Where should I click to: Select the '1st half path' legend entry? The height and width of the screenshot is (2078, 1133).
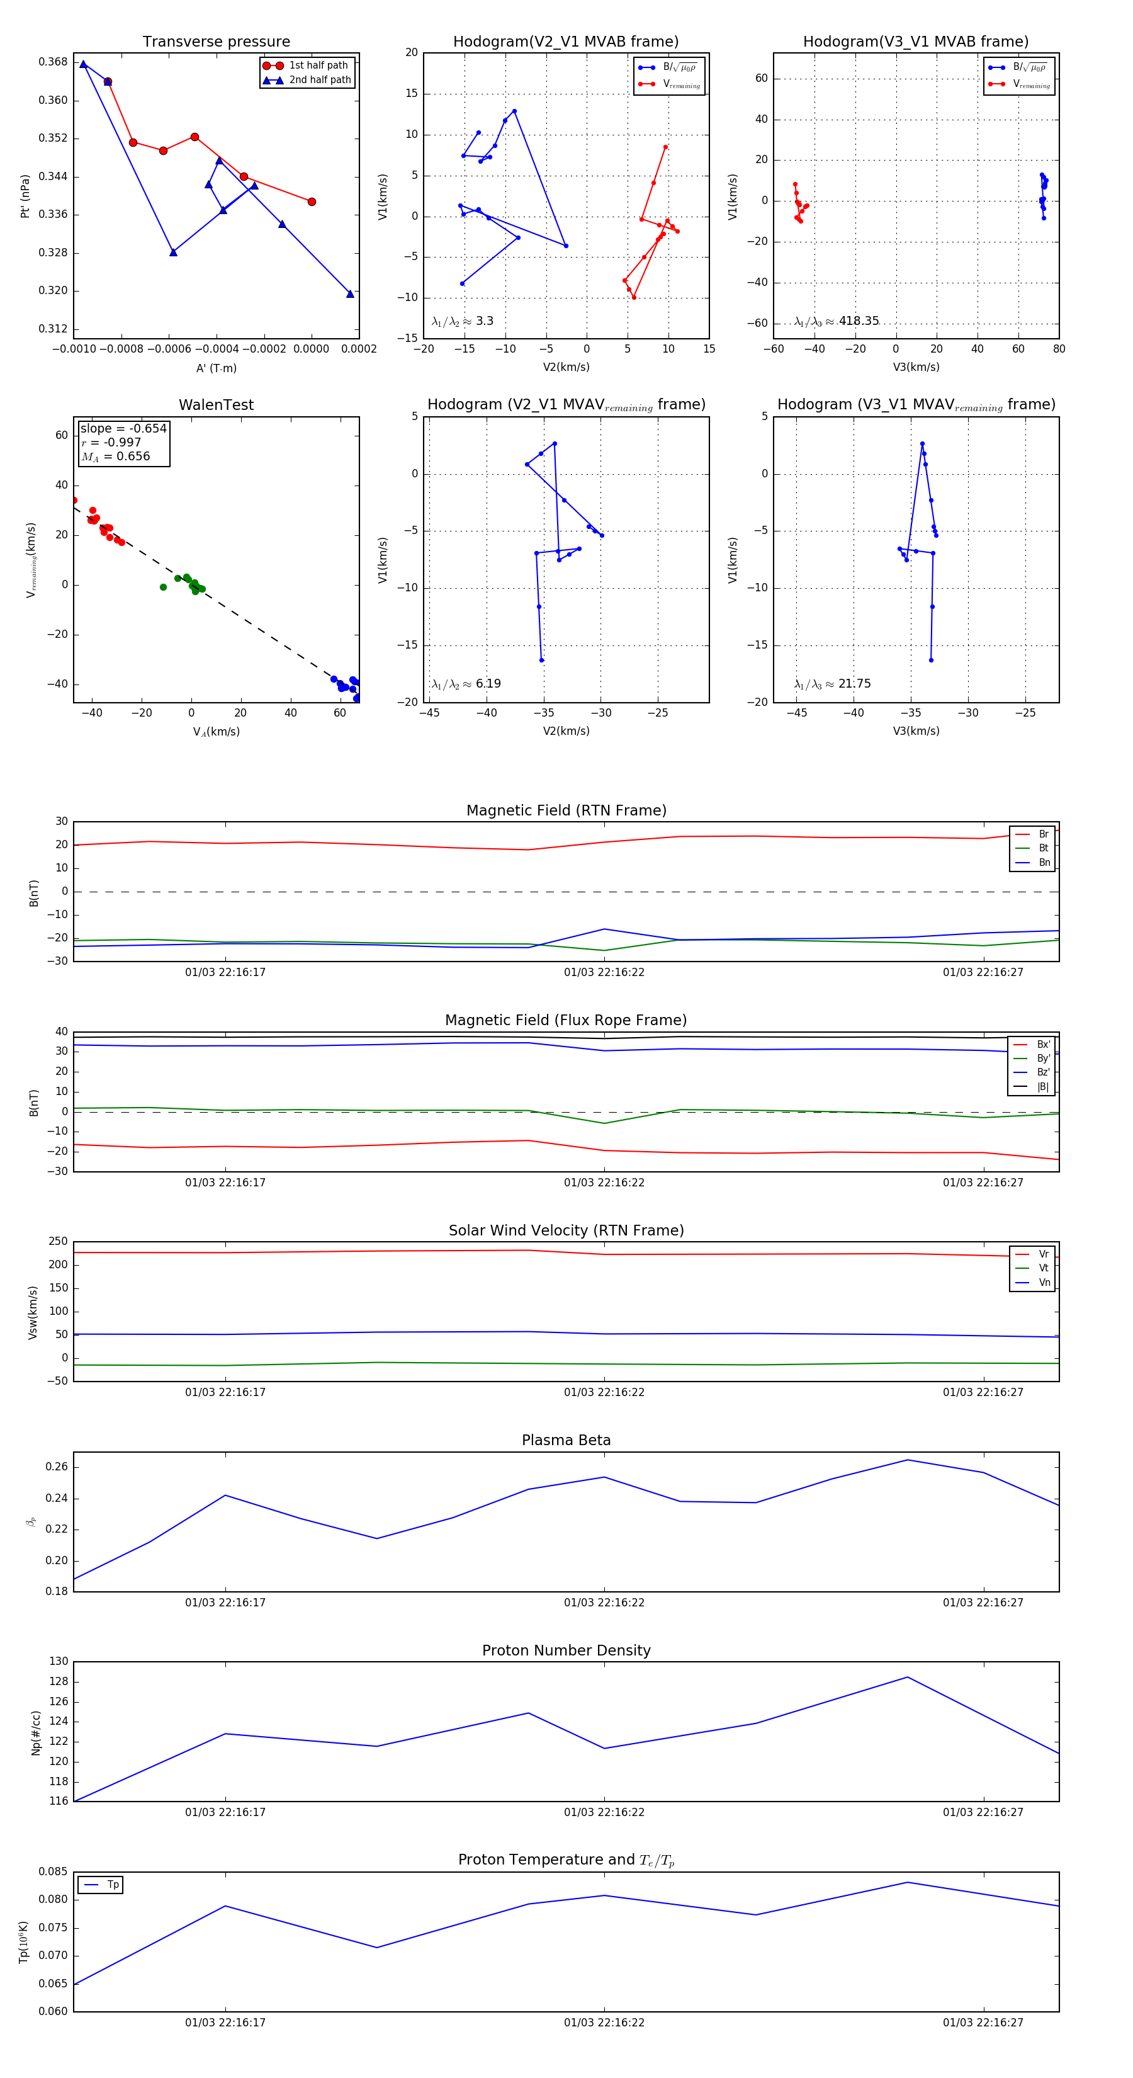(x=318, y=65)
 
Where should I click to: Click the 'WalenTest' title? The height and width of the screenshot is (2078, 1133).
(x=216, y=405)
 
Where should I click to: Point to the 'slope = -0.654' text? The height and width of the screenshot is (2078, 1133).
(x=123, y=428)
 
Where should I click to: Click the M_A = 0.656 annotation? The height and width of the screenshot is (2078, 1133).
(x=115, y=457)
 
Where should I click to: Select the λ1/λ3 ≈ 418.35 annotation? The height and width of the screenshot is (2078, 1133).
(x=837, y=321)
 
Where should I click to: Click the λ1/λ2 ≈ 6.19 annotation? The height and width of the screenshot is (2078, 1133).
(x=466, y=684)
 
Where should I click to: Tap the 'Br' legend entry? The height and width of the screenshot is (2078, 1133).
(x=1043, y=834)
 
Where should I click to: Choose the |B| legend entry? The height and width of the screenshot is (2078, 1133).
(x=1043, y=1087)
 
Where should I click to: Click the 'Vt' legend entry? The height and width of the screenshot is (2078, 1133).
(x=1043, y=1268)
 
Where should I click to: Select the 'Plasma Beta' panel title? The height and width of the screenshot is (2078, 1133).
(x=566, y=1440)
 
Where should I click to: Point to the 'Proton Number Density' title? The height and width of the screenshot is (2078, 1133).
(x=566, y=1650)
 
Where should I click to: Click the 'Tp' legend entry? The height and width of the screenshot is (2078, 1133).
(x=113, y=1885)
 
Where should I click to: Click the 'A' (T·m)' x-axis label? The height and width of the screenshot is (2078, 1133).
(x=216, y=368)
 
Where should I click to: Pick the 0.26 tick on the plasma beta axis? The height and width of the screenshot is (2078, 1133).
(x=57, y=1467)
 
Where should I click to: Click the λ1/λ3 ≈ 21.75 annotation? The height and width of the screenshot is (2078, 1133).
(x=832, y=684)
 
